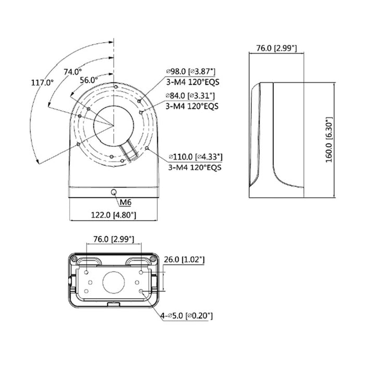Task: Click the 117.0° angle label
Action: tap(42, 82)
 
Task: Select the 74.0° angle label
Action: tap(73, 72)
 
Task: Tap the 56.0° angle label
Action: tap(89, 80)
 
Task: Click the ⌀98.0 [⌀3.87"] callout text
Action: tap(191, 71)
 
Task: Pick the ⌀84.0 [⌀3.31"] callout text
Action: tap(190, 95)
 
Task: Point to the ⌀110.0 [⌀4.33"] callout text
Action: tap(196, 157)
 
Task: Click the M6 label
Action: tap(126, 202)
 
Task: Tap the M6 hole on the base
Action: tap(114, 192)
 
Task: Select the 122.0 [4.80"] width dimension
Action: tap(113, 215)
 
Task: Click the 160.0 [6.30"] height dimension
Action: tap(329, 140)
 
